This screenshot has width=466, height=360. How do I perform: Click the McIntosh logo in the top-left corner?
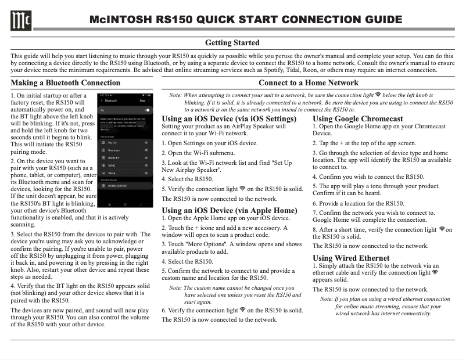(20, 21)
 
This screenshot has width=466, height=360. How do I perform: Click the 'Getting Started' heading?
(232, 43)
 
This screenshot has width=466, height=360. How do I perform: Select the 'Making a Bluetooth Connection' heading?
(66, 83)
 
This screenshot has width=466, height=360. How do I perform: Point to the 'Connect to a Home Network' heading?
(309, 83)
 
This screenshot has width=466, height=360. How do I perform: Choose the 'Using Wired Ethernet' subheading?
(343, 258)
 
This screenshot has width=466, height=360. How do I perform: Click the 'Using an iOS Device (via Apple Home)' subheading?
(229, 210)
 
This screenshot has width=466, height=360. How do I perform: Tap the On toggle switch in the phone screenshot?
(148, 110)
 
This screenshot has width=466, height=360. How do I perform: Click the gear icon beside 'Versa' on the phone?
(146, 172)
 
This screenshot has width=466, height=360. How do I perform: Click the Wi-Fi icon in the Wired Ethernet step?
(436, 272)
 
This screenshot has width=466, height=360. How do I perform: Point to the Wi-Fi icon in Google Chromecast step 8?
(442, 229)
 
